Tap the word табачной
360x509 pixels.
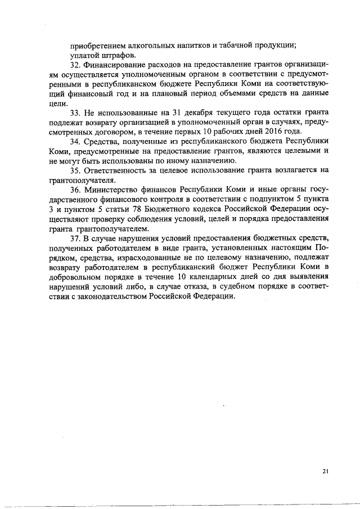pyautogui.click(x=237, y=45)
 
